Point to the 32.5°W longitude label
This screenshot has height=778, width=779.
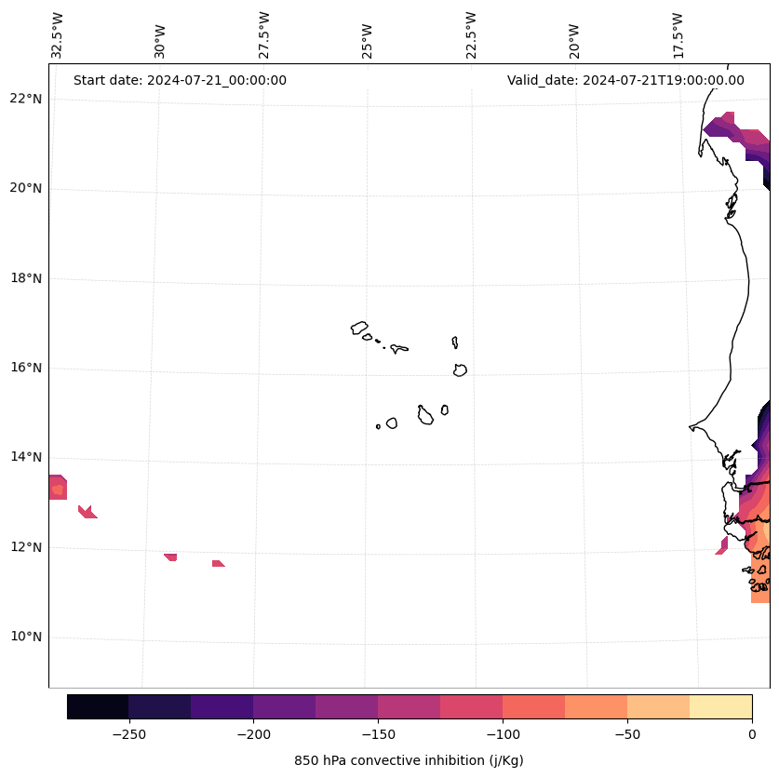[58, 35]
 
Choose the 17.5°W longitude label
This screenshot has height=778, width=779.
[678, 35]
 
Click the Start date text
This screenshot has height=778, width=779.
[180, 80]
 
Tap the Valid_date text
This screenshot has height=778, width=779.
[625, 80]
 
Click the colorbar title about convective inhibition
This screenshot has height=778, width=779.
[409, 760]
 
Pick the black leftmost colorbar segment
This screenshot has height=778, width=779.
[98, 706]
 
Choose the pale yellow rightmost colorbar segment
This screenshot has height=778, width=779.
[720, 706]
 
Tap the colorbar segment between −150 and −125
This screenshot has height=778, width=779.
[409, 706]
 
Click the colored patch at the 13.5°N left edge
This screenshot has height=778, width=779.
[58, 488]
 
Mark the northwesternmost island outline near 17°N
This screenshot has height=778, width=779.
[359, 328]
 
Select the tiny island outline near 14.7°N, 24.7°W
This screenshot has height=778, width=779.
[378, 426]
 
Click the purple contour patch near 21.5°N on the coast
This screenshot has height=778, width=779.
[721, 126]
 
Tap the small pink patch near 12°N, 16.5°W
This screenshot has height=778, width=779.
[722, 546]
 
